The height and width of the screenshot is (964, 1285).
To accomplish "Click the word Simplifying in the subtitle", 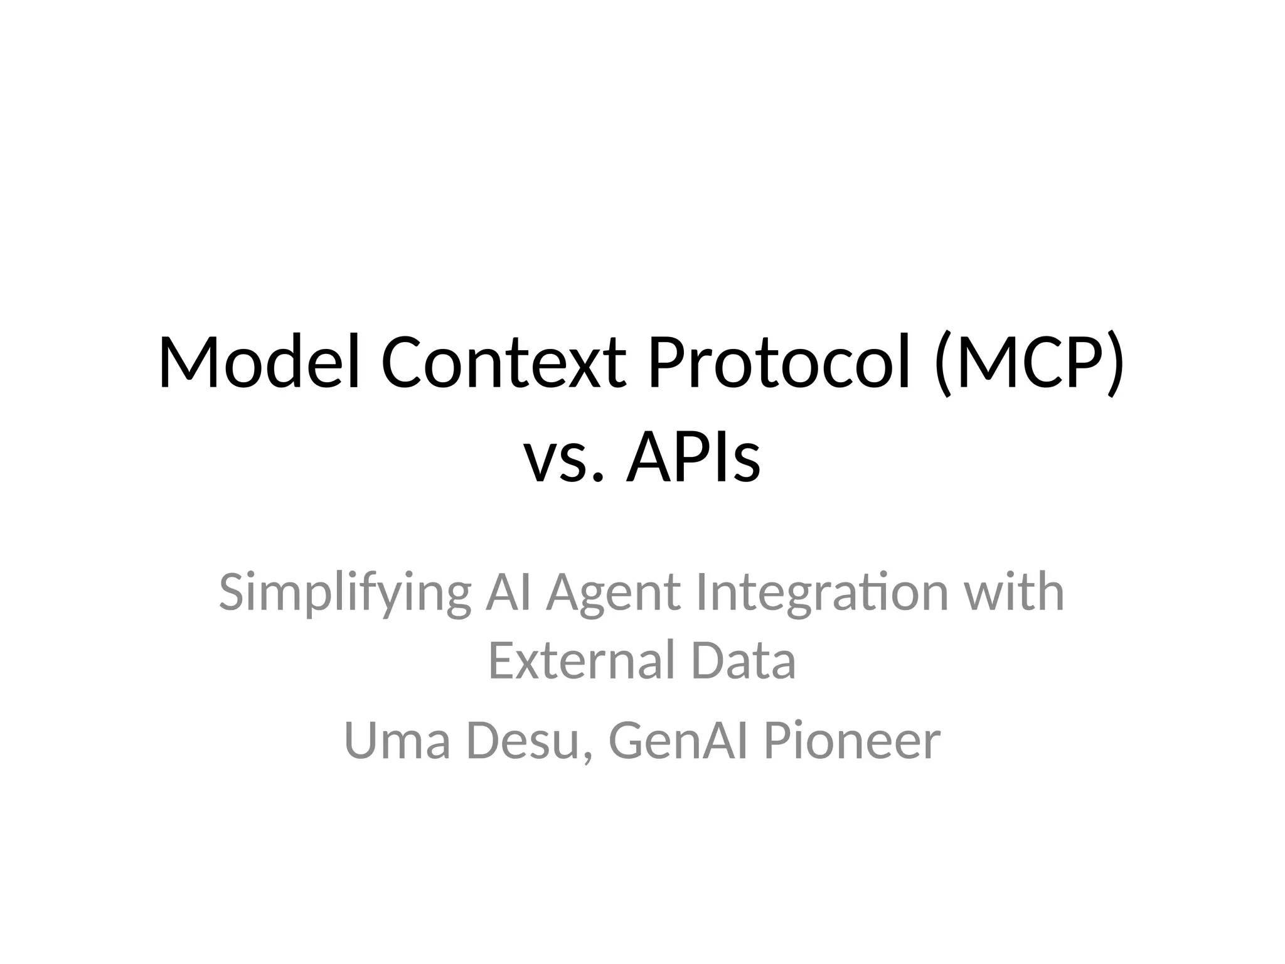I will (344, 593).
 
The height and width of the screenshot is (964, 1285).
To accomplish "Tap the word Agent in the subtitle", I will (613, 593).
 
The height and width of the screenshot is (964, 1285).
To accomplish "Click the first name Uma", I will (397, 741).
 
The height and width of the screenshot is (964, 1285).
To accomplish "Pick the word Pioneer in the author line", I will (851, 741).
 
